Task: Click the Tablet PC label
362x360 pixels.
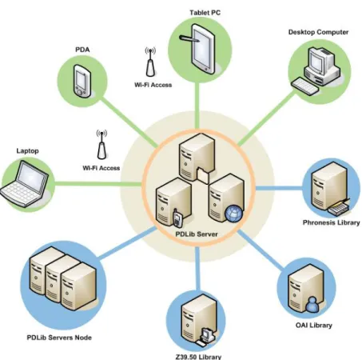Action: (x=205, y=13)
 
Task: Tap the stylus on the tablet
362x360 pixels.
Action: (x=189, y=38)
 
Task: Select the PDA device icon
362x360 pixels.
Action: (x=82, y=81)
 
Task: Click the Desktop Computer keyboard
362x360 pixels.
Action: (x=305, y=86)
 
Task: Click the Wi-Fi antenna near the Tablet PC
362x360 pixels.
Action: (x=150, y=62)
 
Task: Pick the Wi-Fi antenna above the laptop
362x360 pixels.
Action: (x=101, y=145)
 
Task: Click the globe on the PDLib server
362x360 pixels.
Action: (x=233, y=214)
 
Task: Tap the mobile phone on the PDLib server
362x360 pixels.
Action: (x=177, y=218)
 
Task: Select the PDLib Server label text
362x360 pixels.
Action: (x=197, y=234)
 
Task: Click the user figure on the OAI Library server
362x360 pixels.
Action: (x=312, y=305)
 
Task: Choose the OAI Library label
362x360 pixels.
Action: (x=314, y=326)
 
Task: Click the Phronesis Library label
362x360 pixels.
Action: (x=332, y=222)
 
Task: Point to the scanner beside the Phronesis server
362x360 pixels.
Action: (x=339, y=208)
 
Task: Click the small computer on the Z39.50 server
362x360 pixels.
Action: (x=205, y=338)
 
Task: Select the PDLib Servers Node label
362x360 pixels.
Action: (x=59, y=338)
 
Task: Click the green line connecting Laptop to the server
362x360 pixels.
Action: (x=98, y=183)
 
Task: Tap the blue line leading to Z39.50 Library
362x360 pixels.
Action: (x=197, y=269)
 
